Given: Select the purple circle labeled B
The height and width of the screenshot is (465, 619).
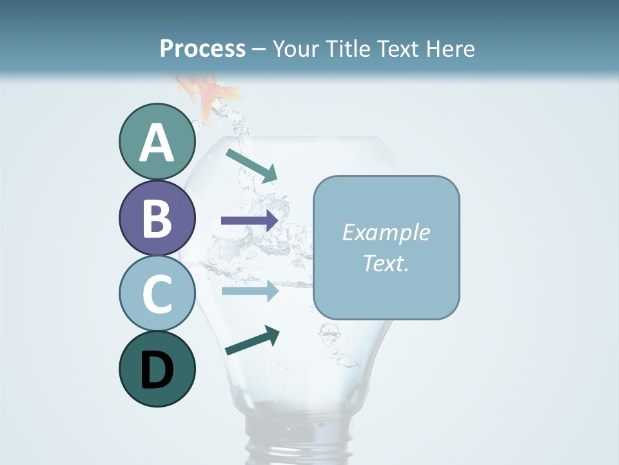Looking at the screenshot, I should click(157, 218).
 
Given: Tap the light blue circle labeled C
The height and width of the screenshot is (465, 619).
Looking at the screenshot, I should click(157, 293).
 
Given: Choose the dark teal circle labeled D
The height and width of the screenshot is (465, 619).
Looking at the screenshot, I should click(157, 369).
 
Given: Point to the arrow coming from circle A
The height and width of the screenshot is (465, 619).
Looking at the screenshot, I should click(251, 165).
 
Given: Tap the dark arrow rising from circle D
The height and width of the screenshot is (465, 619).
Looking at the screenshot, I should click(252, 341).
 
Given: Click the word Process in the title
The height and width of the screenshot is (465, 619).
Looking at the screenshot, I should click(202, 48).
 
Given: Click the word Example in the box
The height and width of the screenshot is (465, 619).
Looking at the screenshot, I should click(386, 232).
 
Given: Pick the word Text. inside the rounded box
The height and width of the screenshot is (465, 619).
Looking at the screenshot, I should click(386, 263).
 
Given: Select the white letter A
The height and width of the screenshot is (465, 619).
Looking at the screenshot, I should click(157, 143).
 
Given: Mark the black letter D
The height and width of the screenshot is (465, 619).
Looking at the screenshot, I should click(157, 371).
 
